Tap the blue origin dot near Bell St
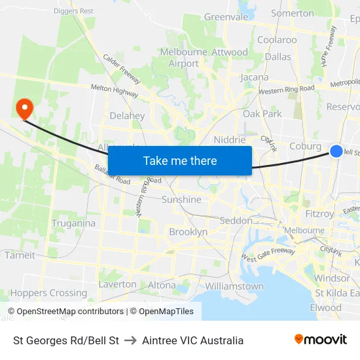click(x=336, y=151)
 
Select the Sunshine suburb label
click(x=181, y=199)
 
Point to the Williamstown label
click(x=234, y=286)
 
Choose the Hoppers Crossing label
click(x=48, y=293)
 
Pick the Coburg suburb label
click(x=305, y=147)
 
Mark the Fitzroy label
click(x=319, y=213)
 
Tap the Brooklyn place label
click(x=188, y=232)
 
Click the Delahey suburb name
click(x=127, y=116)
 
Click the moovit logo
click(x=320, y=340)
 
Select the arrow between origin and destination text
click(x=130, y=340)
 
